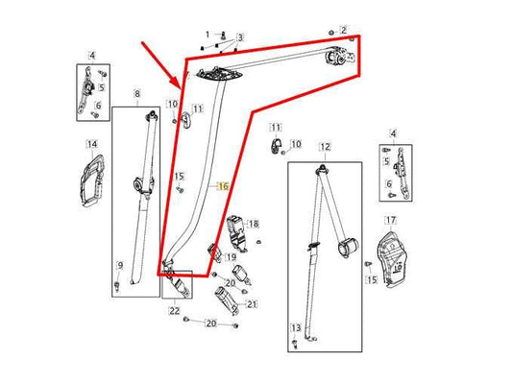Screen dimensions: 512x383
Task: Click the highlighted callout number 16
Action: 223,186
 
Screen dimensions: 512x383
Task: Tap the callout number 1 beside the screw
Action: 207,35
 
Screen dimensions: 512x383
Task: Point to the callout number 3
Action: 240,37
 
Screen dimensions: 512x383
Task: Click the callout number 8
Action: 137,94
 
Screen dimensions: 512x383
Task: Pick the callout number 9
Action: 120,266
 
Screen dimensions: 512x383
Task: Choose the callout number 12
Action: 326,147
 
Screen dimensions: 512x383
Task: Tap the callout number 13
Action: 296,328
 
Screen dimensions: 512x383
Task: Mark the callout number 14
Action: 92,144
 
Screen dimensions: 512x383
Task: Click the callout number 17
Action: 391,221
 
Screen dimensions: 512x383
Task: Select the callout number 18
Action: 254,224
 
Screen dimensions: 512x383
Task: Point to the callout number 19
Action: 231,257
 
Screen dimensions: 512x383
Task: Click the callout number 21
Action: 252,304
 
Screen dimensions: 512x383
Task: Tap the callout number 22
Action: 175,311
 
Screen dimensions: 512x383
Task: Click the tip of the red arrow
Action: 181,88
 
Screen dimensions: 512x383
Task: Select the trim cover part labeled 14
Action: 92,181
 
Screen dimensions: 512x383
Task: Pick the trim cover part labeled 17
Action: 392,259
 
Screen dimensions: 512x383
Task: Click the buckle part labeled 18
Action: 236,233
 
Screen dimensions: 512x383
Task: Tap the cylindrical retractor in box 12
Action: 348,248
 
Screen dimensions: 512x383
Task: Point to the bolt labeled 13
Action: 295,344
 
